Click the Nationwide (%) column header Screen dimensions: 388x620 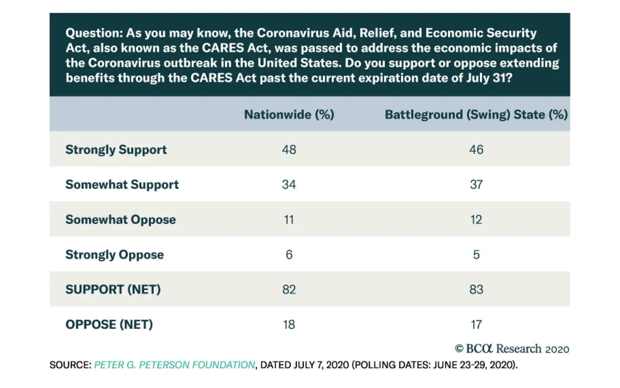(x=289, y=114)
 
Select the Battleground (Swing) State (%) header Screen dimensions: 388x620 (x=476, y=114)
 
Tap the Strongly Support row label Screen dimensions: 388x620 (x=116, y=150)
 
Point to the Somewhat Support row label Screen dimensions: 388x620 (x=122, y=185)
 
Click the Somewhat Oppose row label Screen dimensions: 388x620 (x=121, y=220)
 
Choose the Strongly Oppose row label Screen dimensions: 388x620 (x=115, y=255)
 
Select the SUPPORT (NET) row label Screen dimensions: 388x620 (x=113, y=289)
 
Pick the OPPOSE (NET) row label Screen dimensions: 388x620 (x=109, y=324)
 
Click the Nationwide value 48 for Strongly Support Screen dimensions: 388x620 (x=289, y=150)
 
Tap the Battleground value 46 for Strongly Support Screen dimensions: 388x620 (x=476, y=150)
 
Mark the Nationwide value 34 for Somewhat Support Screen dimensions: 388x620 (x=289, y=185)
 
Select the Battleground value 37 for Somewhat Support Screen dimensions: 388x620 (x=476, y=185)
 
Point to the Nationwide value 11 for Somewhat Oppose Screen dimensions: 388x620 (x=289, y=220)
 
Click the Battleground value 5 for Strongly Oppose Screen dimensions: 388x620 (x=476, y=255)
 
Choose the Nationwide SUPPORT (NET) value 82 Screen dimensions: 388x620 (x=289, y=289)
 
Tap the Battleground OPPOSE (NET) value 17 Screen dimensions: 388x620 (x=476, y=324)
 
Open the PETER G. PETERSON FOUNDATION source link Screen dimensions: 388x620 (x=174, y=365)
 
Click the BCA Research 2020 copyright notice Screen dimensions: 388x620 (x=512, y=349)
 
